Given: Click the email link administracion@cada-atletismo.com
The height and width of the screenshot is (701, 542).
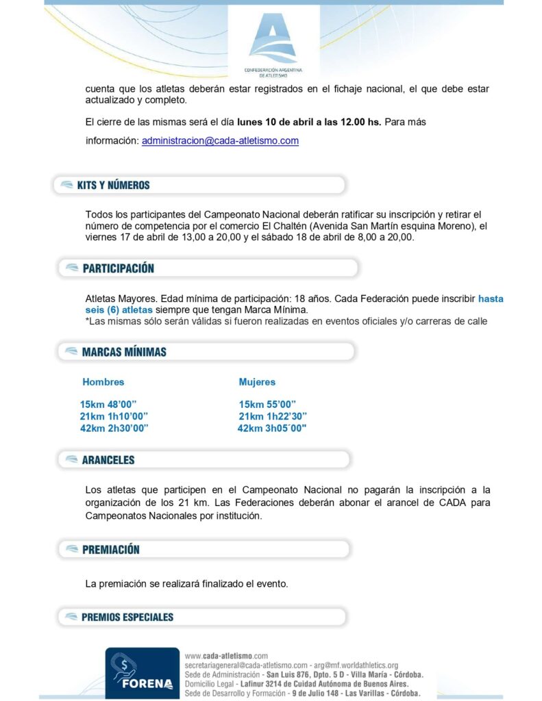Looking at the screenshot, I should click(220, 141).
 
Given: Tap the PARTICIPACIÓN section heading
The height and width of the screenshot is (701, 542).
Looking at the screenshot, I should click(118, 268).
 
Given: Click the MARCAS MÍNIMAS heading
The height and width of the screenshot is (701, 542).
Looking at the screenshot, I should click(123, 352).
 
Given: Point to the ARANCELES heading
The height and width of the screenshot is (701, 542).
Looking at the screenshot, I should click(108, 460).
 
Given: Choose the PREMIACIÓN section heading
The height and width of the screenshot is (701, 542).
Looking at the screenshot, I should click(110, 549).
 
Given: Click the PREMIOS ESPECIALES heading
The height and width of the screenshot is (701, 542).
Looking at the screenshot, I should click(127, 617).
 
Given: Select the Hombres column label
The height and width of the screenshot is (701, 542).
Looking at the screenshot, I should click(103, 382).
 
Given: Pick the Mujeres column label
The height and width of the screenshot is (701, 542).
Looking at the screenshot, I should click(257, 382).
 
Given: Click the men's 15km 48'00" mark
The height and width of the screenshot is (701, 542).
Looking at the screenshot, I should click(108, 404).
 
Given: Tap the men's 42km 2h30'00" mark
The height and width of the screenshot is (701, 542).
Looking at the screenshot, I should click(114, 428).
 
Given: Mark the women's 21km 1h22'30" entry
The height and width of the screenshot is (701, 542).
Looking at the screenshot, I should click(273, 416).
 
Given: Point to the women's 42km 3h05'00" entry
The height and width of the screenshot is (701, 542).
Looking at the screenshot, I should click(271, 428).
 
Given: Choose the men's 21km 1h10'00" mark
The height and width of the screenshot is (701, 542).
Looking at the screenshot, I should click(114, 416).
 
